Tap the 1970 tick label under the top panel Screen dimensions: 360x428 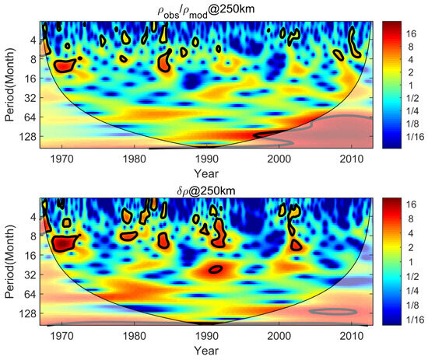click(62, 159)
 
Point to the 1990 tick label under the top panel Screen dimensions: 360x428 click(206, 159)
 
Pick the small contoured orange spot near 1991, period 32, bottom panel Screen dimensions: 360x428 click(216, 269)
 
